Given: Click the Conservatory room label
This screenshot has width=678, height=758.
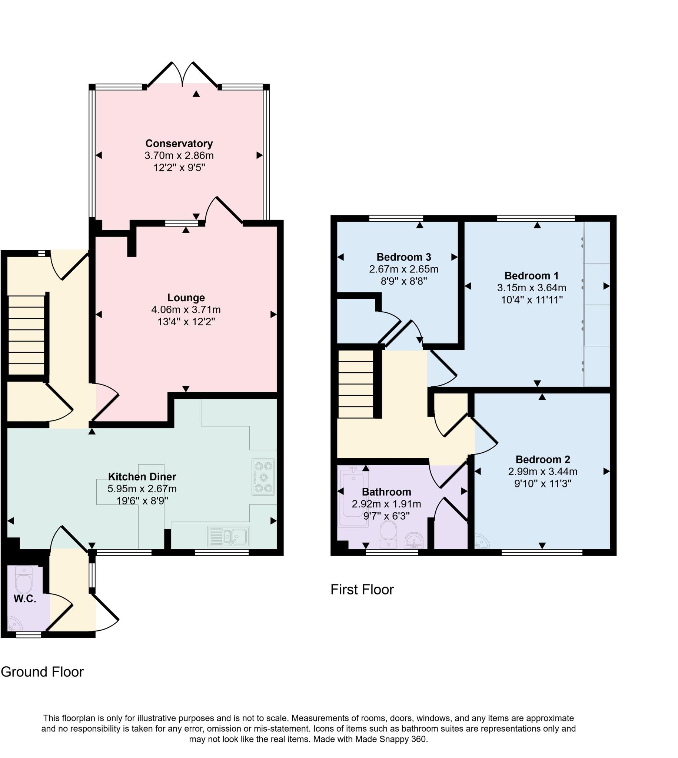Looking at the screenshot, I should pyautogui.click(x=179, y=143).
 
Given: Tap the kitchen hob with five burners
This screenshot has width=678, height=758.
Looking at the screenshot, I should pyautogui.click(x=263, y=477).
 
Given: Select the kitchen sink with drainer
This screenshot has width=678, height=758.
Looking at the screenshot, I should pyautogui.click(x=228, y=536).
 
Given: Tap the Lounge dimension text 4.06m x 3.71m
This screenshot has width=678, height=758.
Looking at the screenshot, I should pyautogui.click(x=186, y=309).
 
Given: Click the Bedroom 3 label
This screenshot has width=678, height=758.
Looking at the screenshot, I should pyautogui.click(x=403, y=257).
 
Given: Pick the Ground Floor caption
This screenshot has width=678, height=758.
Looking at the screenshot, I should pyautogui.click(x=42, y=672).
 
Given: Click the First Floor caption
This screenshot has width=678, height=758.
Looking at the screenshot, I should pyautogui.click(x=362, y=590).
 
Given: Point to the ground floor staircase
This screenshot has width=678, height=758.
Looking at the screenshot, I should pyautogui.click(x=26, y=335).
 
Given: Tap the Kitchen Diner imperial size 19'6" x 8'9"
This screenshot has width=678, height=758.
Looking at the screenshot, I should pyautogui.click(x=142, y=501).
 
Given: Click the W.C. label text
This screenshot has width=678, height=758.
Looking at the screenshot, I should pyautogui.click(x=24, y=599).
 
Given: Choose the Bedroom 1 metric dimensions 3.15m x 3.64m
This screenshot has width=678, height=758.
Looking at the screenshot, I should pyautogui.click(x=532, y=288).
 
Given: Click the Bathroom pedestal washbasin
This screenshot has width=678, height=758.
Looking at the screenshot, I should pyautogui.click(x=414, y=540).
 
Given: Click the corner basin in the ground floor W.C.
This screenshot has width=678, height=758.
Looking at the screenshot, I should pyautogui.click(x=14, y=624).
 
